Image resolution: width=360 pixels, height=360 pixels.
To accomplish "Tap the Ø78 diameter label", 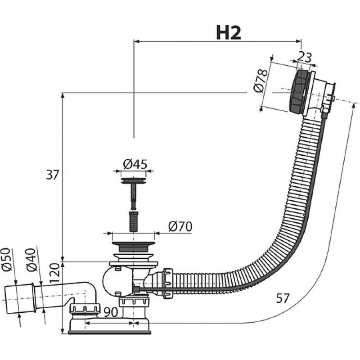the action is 261,81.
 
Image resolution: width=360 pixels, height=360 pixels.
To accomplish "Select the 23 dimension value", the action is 305,57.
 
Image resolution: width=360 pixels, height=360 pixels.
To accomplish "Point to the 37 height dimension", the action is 53,175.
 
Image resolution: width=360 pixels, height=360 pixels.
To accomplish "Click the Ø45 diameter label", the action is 135,164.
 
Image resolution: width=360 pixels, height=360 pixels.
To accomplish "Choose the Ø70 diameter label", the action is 180,227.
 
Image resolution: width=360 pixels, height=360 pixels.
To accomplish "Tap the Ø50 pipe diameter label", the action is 6,260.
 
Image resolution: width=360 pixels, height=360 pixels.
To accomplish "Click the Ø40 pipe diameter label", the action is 31,260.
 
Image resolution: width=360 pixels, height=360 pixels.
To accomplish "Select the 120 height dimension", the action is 54,273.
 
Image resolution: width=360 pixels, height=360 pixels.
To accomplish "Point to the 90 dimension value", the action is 111,312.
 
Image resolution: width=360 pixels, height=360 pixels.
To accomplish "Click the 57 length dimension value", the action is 283,298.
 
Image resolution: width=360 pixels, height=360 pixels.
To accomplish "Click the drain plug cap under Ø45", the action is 133,180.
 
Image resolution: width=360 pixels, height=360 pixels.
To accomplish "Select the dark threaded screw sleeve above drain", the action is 134,221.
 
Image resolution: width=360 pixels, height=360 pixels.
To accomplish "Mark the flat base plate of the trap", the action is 109,333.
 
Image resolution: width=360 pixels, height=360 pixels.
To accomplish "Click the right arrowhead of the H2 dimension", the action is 299,41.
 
